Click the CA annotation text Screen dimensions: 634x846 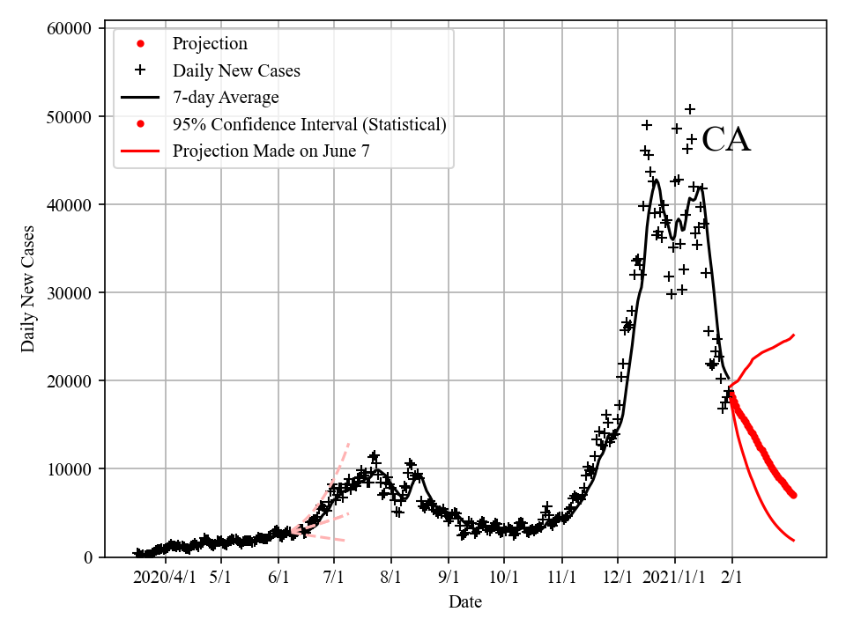pyautogui.click(x=726, y=141)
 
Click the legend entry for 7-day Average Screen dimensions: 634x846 pyautogui.click(x=226, y=97)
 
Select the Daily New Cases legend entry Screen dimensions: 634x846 pyautogui.click(x=236, y=70)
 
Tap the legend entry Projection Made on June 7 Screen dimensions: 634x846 pyautogui.click(x=271, y=151)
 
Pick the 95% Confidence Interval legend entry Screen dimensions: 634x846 pyautogui.click(x=309, y=124)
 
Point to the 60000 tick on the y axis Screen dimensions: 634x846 pyautogui.click(x=69, y=29)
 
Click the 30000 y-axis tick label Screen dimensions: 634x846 pyautogui.click(x=69, y=293)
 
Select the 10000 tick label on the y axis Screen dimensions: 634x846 pyautogui.click(x=69, y=469)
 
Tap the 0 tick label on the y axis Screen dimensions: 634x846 pyautogui.click(x=87, y=557)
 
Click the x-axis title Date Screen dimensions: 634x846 pyautogui.click(x=465, y=602)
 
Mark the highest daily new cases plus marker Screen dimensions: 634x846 pyautogui.click(x=690, y=109)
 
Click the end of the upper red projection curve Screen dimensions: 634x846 pyautogui.click(x=794, y=335)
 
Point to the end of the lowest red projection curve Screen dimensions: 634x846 pyautogui.click(x=794, y=540)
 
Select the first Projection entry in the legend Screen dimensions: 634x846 pyautogui.click(x=210, y=44)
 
